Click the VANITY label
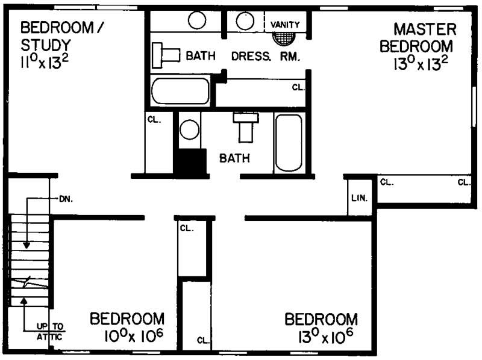pos(285,24)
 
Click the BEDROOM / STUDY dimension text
pos(43,63)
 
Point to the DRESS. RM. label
pos(266,56)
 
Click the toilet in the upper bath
pos(166,54)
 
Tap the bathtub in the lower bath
pos(288,143)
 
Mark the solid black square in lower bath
pos(189,163)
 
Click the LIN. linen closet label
pos(360,198)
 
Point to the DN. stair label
pos(65,198)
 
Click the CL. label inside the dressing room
pos(299,87)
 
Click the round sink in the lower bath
pos(190,129)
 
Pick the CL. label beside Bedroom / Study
pos(154,120)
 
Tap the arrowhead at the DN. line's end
pos(27,245)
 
